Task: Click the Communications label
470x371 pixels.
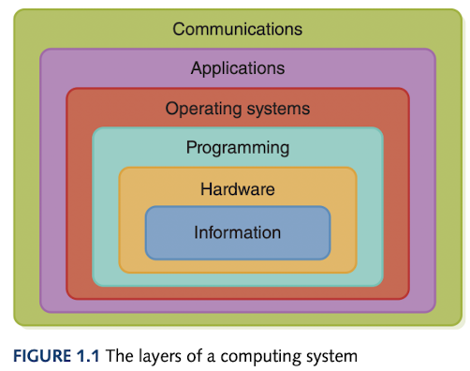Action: [238, 29]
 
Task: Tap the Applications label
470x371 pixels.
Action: [238, 68]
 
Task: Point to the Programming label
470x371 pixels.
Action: [238, 148]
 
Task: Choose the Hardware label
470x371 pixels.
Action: [238, 189]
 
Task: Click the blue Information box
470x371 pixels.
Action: [238, 232]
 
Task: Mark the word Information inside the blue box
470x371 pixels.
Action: [238, 231]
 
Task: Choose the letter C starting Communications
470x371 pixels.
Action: [179, 29]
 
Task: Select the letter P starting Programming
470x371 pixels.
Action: [191, 148]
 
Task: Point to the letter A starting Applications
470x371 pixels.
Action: [196, 68]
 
